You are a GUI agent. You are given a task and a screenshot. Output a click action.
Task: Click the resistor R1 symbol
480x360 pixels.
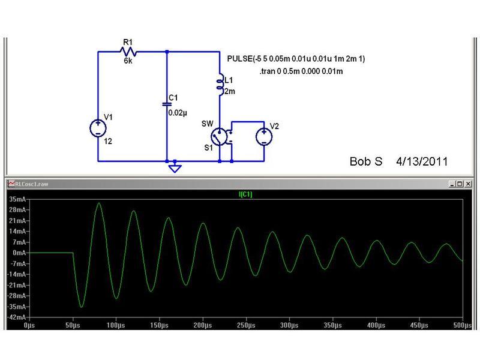[x=127, y=52]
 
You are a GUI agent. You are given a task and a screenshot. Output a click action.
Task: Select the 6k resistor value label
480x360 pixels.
[x=127, y=61]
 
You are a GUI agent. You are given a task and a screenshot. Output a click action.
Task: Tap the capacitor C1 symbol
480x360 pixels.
[x=167, y=103]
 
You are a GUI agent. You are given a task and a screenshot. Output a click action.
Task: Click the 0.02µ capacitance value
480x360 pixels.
[x=178, y=112]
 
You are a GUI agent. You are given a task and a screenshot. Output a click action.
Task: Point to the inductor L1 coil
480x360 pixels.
[x=219, y=86]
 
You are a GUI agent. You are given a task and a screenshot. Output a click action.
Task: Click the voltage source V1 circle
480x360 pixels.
[x=97, y=128]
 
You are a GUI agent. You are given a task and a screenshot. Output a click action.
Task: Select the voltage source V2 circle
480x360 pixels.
[x=263, y=136]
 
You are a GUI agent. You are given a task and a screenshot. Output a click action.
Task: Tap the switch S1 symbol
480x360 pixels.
[x=220, y=136]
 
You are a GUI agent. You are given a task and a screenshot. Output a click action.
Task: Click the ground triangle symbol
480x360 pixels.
[x=175, y=168]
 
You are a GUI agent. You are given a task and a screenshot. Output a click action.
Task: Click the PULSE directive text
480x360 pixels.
[x=296, y=59]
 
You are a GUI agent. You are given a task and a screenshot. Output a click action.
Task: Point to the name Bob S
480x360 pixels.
[x=365, y=162]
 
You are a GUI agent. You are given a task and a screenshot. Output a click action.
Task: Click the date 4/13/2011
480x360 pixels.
[x=421, y=162]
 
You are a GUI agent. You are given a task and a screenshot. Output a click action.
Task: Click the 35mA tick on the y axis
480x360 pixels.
[x=16, y=199]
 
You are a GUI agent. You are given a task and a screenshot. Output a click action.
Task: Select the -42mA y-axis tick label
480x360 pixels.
[x=16, y=317]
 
